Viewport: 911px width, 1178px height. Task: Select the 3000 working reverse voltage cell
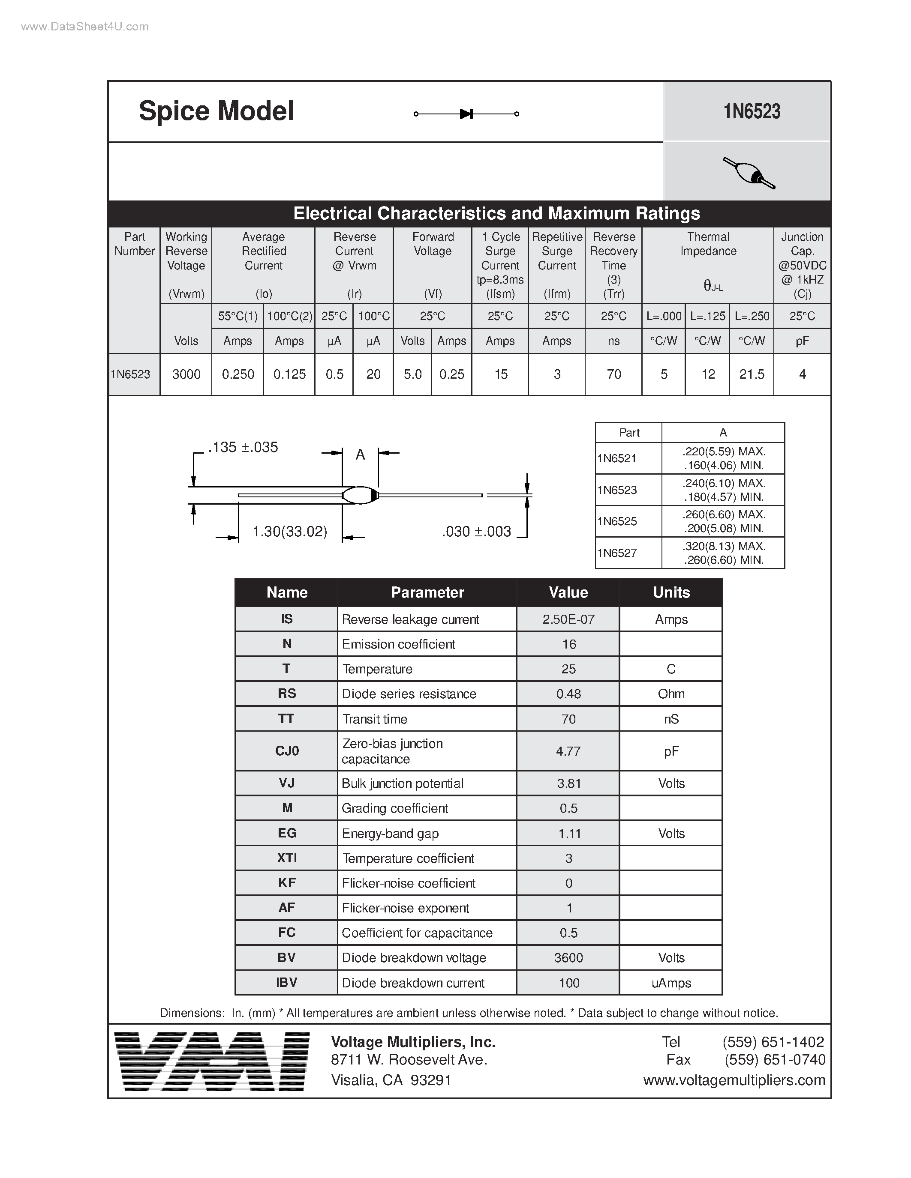pos(186,374)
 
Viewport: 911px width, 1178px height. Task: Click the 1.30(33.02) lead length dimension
pos(290,532)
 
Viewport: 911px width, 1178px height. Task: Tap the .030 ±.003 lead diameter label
pos(476,532)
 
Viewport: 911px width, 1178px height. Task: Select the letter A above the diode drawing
pos(360,454)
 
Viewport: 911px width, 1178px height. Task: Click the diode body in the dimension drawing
pos(360,495)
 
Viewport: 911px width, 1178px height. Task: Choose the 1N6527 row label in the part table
pos(617,553)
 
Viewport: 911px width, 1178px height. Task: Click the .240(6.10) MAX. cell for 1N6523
pos(724,483)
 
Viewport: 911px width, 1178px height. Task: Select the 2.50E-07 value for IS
pos(568,619)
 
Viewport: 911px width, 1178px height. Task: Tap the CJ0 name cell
pos(286,751)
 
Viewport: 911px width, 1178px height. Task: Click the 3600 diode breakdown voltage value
pos(568,957)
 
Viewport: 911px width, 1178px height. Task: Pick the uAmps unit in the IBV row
pos(671,983)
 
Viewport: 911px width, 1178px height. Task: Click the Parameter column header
pos(427,592)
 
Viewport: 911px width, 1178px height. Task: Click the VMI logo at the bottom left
pos(212,1061)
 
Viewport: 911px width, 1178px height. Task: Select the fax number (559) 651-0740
pos(775,1060)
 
